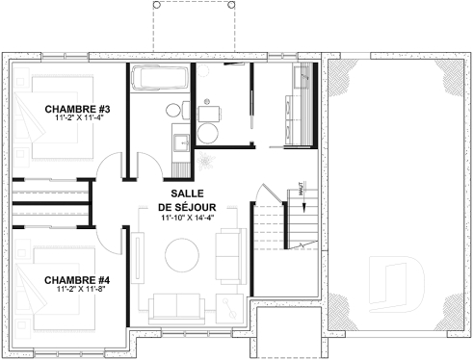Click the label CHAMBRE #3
click(x=72, y=109)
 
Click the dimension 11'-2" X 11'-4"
click(x=72, y=118)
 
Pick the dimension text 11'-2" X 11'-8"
click(x=72, y=289)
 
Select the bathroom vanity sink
click(x=180, y=142)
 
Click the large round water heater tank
click(x=208, y=113)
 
